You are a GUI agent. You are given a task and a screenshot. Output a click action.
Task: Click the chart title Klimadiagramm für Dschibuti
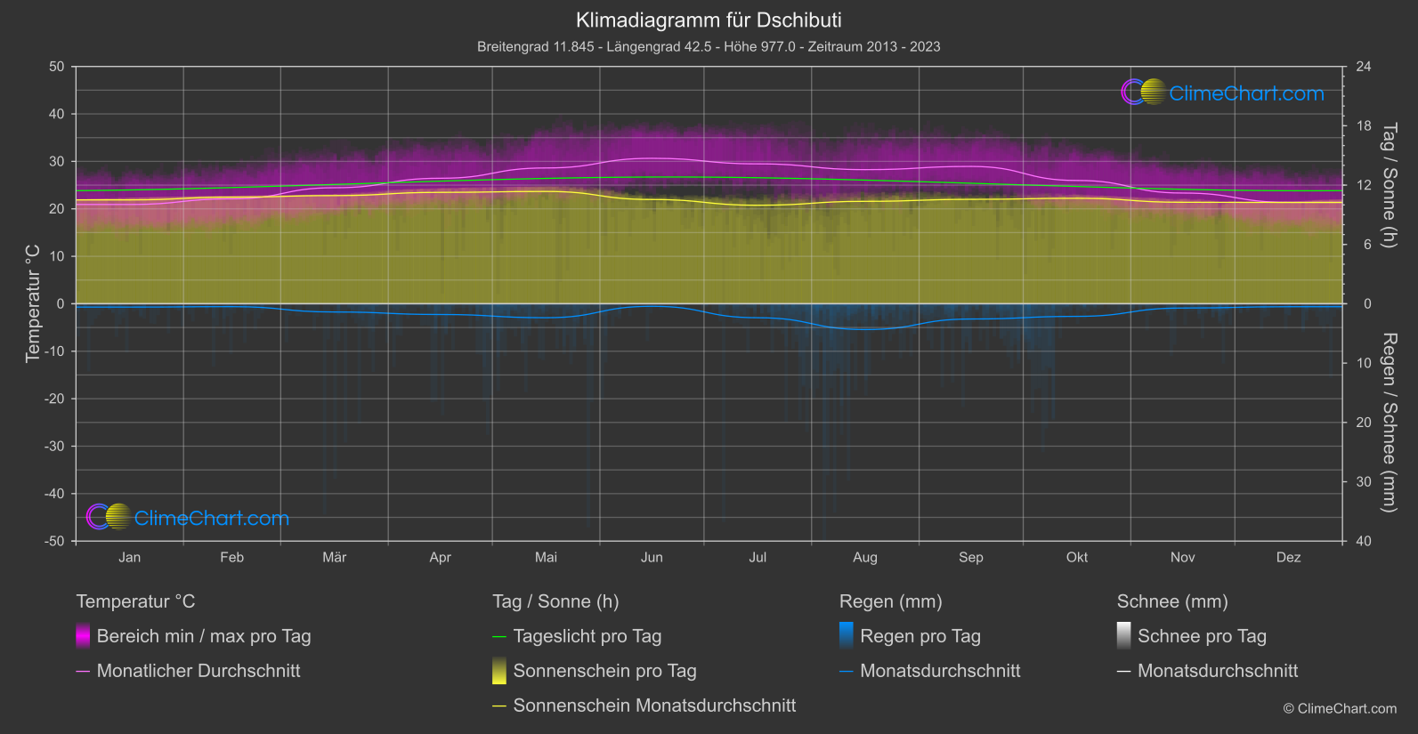pyautogui.click(x=709, y=20)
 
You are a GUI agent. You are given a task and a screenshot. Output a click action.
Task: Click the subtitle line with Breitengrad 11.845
pyautogui.click(x=709, y=46)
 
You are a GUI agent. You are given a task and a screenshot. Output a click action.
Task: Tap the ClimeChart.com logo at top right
pyautogui.click(x=1223, y=93)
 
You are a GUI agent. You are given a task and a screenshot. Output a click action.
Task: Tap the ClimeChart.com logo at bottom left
pyautogui.click(x=188, y=518)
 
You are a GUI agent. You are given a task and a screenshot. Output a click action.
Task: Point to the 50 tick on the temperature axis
pyautogui.click(x=57, y=67)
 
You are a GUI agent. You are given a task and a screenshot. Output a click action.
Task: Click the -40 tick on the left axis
pyautogui.click(x=55, y=494)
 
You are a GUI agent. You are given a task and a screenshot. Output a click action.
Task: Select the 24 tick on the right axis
pyautogui.click(x=1363, y=67)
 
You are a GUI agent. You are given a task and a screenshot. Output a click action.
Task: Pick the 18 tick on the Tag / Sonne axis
pyautogui.click(x=1363, y=126)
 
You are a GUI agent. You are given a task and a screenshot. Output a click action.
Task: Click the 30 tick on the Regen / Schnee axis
pyautogui.click(x=1363, y=482)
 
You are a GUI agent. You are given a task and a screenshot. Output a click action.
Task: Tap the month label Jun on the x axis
pyautogui.click(x=652, y=558)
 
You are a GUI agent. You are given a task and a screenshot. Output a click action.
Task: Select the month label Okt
pyautogui.click(x=1077, y=558)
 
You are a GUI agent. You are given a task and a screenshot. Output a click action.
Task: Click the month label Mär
pyautogui.click(x=334, y=558)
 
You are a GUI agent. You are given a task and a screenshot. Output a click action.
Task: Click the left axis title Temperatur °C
pyautogui.click(x=33, y=303)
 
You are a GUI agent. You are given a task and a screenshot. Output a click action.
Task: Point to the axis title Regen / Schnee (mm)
pyautogui.click(x=1388, y=423)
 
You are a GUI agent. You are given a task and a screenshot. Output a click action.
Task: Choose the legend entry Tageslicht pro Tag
pyautogui.click(x=587, y=636)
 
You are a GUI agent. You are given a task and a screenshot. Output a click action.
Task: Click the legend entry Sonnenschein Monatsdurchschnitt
pyautogui.click(x=653, y=706)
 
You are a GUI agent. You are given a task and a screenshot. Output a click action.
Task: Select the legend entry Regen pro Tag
pyautogui.click(x=920, y=636)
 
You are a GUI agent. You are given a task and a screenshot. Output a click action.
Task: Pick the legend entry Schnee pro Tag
pyautogui.click(x=1201, y=636)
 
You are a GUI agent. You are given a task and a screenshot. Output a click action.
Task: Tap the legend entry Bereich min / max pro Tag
pyautogui.click(x=203, y=636)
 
